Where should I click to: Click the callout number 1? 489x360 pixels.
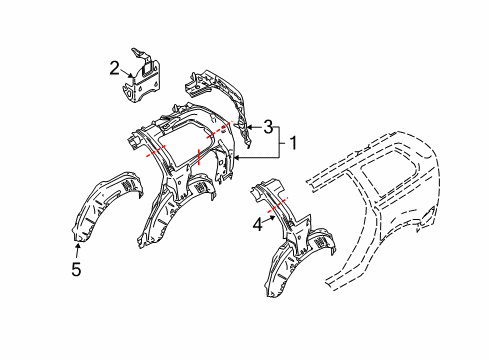[x=294, y=143]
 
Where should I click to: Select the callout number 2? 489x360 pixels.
[x=115, y=68]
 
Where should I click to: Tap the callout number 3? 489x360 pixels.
[x=267, y=126]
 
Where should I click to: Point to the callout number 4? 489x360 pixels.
[x=258, y=226]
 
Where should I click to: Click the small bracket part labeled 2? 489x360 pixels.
[x=140, y=80]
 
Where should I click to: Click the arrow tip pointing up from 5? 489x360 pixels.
[x=78, y=240]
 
